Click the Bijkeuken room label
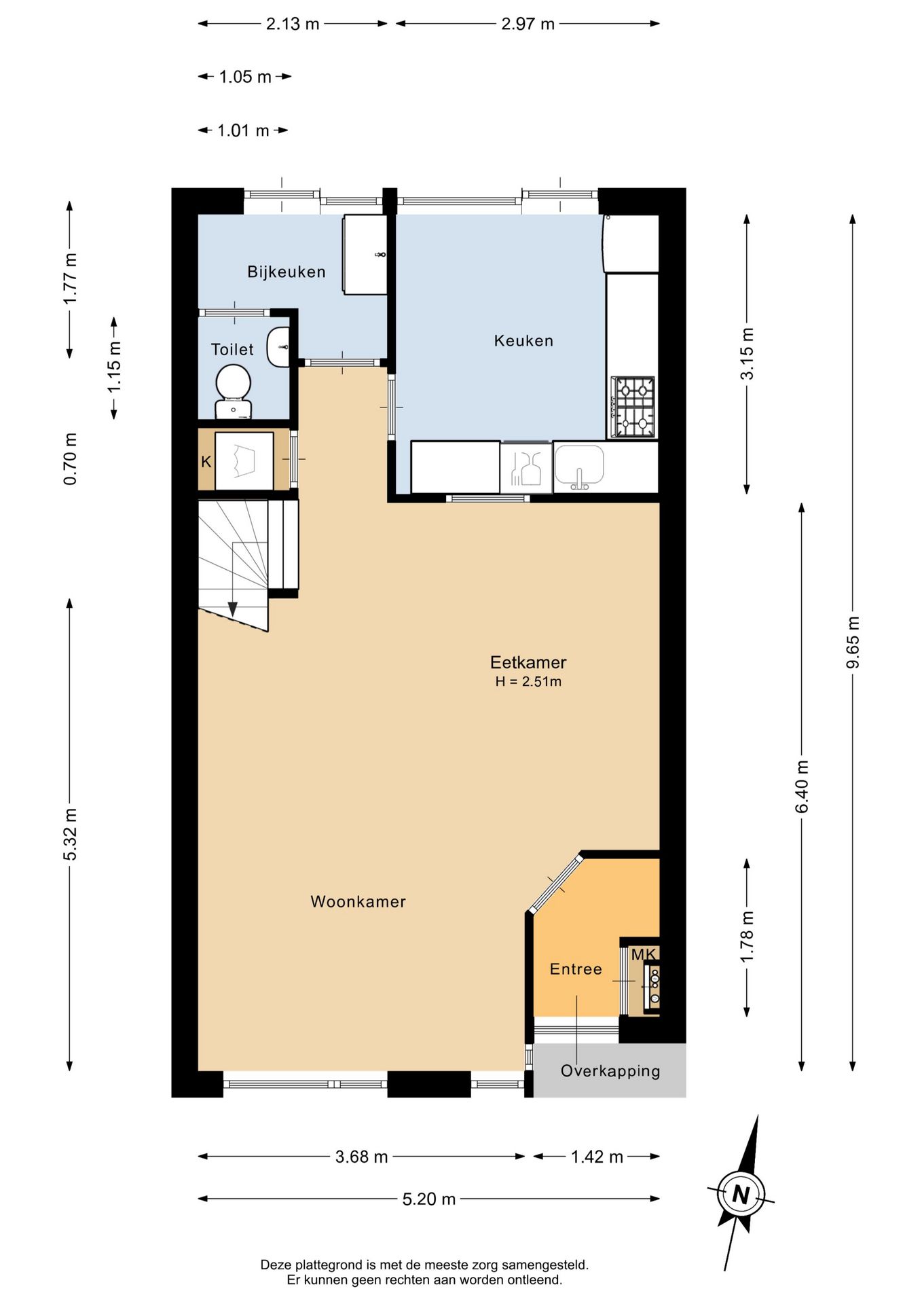tap(287, 272)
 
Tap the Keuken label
tap(523, 340)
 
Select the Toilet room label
tap(232, 349)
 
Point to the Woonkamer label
tap(358, 901)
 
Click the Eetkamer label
tap(528, 662)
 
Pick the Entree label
tap(576, 969)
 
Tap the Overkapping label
tap(610, 1071)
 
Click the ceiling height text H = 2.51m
tap(528, 682)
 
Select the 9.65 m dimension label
tap(853, 642)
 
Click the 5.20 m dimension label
tap(429, 1199)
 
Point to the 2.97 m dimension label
tap(528, 24)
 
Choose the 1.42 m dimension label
tap(597, 1157)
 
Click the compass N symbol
tap(740, 1193)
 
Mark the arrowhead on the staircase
tap(232, 609)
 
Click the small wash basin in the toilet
tap(278, 346)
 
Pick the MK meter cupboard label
tap(644, 954)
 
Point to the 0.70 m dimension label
tap(70, 458)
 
